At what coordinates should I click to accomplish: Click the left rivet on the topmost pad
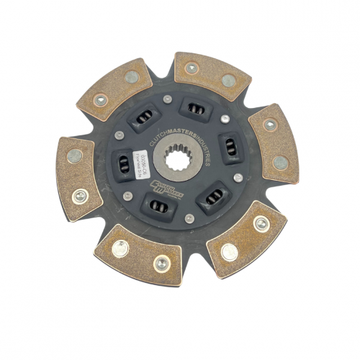191,68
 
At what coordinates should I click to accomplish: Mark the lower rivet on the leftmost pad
79,194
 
